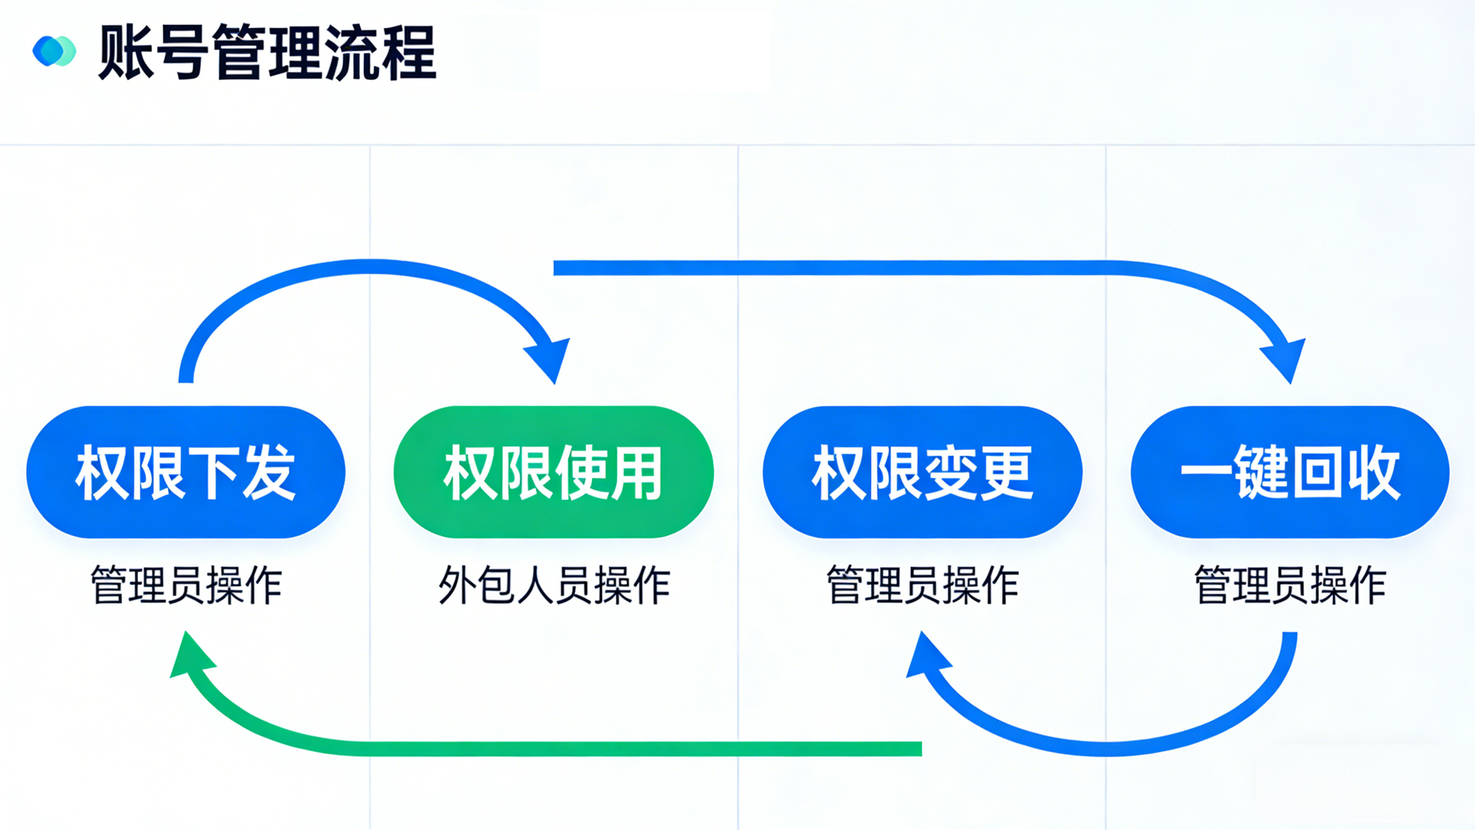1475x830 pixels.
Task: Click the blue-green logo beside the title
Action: pyautogui.click(x=54, y=51)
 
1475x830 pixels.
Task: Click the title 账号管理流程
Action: pyautogui.click(x=267, y=53)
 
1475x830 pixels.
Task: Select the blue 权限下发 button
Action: pyautogui.click(x=186, y=472)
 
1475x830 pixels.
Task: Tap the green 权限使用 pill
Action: pyautogui.click(x=553, y=472)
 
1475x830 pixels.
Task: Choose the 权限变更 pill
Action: pyautogui.click(x=922, y=472)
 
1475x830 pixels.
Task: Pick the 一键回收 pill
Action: pyautogui.click(x=1290, y=472)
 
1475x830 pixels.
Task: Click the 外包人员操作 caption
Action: pyautogui.click(x=554, y=585)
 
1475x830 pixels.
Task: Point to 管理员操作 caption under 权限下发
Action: pyautogui.click(x=186, y=585)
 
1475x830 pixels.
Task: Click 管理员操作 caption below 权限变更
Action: pyautogui.click(x=922, y=585)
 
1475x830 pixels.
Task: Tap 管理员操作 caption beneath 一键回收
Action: pyautogui.click(x=1290, y=585)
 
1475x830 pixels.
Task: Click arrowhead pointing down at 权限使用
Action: pyautogui.click(x=550, y=358)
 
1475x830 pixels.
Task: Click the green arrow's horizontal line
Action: pyautogui.click(x=608, y=748)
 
